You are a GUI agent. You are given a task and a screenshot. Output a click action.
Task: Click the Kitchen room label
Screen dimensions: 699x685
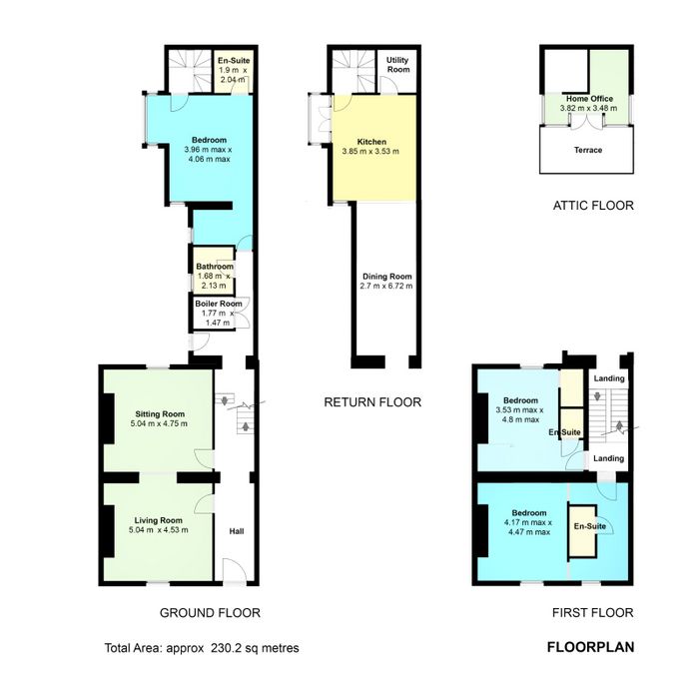(x=371, y=142)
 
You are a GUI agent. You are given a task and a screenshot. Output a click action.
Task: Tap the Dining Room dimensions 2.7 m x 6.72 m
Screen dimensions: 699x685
(x=386, y=286)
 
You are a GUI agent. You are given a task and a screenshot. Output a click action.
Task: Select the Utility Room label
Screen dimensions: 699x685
(x=397, y=65)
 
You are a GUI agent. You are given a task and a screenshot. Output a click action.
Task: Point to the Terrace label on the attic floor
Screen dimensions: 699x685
(x=588, y=150)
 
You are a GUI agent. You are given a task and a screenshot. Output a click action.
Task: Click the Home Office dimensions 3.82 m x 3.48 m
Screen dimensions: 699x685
(x=588, y=108)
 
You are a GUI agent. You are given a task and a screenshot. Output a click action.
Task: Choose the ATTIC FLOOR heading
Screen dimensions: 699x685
(x=593, y=206)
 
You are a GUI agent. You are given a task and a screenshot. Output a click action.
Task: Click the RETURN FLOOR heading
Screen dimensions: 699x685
(x=372, y=402)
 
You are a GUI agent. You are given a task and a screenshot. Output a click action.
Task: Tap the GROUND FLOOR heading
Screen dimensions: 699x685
(x=210, y=613)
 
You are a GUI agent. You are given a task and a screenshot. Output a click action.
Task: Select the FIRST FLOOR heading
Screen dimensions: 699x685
(x=593, y=613)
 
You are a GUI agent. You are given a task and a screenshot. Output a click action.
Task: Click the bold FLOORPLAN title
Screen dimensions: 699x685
(x=591, y=647)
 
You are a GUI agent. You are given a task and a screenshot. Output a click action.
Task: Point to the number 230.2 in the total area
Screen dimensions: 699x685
(x=228, y=648)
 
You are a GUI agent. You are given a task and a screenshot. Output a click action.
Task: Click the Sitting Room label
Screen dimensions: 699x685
(x=160, y=414)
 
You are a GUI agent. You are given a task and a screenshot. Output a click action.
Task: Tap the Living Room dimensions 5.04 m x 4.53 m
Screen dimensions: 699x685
(x=158, y=530)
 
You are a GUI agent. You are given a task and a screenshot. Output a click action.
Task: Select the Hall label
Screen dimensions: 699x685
(x=237, y=531)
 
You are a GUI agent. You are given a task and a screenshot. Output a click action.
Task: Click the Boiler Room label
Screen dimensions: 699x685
(x=219, y=304)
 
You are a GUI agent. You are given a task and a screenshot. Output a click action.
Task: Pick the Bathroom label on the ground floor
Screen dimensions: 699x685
(x=215, y=267)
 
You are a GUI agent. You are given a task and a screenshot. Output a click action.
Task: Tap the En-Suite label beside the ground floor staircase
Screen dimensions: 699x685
(x=234, y=61)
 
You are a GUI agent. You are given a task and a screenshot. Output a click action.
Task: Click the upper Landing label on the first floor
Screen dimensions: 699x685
(x=609, y=378)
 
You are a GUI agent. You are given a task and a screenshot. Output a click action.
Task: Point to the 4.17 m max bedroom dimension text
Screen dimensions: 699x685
(x=528, y=522)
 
